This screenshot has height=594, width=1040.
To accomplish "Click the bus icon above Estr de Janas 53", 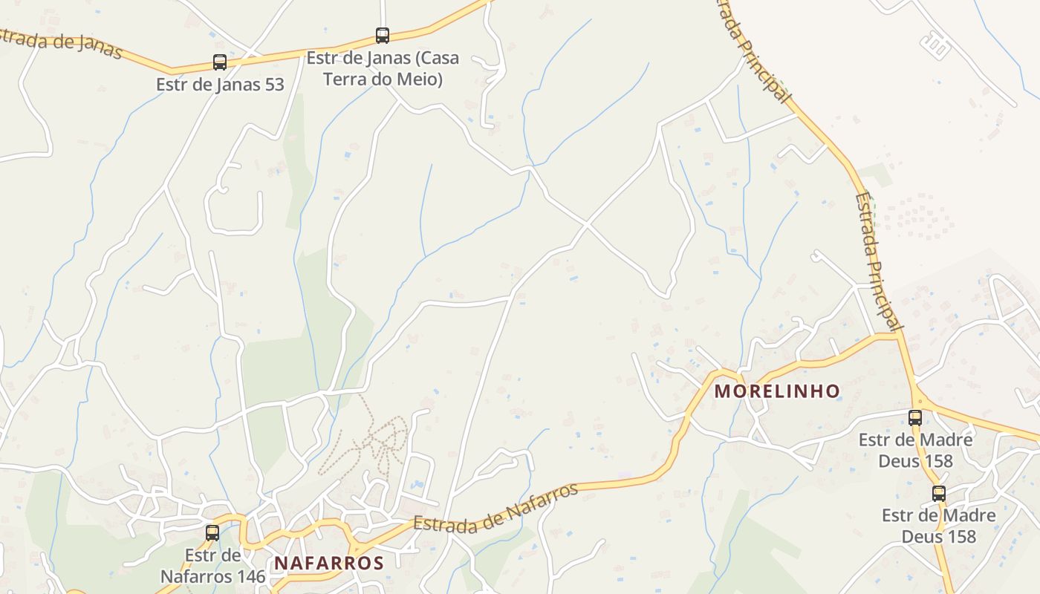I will [220, 62].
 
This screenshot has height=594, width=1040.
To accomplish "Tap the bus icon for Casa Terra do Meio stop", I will [383, 35].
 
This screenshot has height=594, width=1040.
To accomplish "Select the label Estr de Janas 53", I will [220, 85].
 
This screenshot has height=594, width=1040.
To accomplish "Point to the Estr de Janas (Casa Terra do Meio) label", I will [383, 68].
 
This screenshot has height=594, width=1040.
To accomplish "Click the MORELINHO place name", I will [777, 391].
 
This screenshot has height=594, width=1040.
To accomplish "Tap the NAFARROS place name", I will [329, 563].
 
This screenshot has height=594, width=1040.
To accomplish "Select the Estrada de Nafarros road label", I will [495, 509].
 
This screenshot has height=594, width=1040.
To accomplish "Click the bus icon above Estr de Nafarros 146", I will [212, 532].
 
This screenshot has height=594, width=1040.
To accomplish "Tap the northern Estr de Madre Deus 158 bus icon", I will [915, 418].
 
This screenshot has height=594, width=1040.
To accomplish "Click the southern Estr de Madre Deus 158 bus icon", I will [939, 494].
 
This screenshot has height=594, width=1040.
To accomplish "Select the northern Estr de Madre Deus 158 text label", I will [915, 450].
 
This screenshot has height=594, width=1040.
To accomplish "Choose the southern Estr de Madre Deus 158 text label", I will [939, 525].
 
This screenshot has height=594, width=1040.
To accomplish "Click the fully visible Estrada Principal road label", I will [879, 261].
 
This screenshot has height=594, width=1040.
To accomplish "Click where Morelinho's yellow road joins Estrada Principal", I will [899, 336].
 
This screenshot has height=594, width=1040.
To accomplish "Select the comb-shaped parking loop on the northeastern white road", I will [936, 46].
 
